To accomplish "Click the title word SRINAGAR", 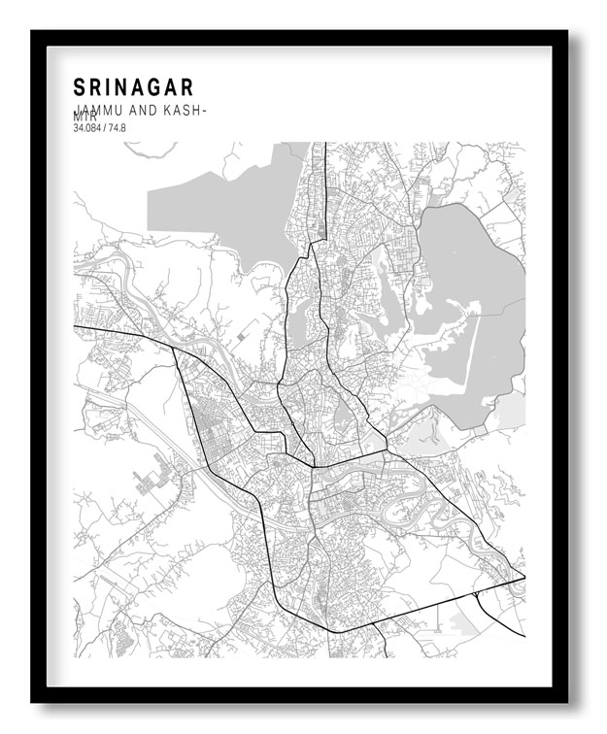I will (x=133, y=87).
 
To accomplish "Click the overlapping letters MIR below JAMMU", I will (x=85, y=117).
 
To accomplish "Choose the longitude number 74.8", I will (x=118, y=127).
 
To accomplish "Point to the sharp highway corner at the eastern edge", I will (x=523, y=577).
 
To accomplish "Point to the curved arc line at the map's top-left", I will (x=146, y=151).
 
